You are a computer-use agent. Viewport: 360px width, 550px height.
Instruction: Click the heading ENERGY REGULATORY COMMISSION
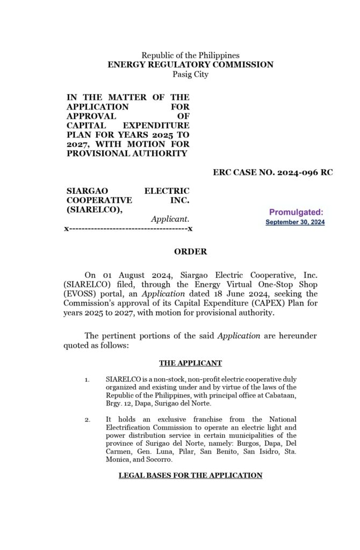190,64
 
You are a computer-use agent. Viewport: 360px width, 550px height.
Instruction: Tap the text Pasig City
190,74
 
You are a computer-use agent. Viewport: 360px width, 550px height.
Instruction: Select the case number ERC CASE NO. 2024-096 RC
272,172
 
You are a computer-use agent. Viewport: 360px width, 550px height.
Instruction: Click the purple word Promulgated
296,212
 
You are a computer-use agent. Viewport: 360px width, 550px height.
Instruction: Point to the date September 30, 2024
295,222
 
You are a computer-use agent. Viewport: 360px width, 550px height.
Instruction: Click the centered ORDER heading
190,251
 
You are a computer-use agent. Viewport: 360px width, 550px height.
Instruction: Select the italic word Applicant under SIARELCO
170,219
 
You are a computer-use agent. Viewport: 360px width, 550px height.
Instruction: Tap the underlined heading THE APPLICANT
190,363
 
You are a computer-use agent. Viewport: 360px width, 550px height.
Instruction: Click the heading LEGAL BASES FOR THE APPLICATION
190,475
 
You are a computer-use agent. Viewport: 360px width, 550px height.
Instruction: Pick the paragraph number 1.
87,380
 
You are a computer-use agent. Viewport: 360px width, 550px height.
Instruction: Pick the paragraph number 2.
87,419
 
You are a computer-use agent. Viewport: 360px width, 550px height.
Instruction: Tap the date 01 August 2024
126,274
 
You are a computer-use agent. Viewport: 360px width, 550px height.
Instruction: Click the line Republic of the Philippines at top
190,55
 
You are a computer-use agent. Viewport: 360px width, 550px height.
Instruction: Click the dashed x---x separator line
128,229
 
